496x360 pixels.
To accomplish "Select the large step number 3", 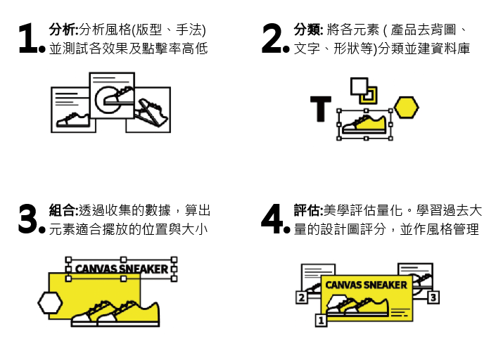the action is pyautogui.click(x=28, y=219).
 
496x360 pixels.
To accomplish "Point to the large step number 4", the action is pyautogui.click(x=272, y=219).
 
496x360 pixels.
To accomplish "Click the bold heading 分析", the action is pyautogui.click(x=63, y=30).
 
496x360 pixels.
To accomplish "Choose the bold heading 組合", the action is pyautogui.click(x=63, y=210).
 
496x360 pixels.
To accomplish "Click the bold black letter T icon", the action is pyautogui.click(x=320, y=109).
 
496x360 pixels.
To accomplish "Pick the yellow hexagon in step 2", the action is pyautogui.click(x=406, y=108).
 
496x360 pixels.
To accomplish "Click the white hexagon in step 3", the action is pyautogui.click(x=50, y=303).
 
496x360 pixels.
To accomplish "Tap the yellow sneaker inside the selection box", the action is pyautogui.click(x=364, y=124).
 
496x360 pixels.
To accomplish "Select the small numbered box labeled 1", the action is pyautogui.click(x=321, y=321).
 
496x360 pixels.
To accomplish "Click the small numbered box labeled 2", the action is pyautogui.click(x=302, y=297).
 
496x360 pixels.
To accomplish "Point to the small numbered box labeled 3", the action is pyautogui.click(x=433, y=297).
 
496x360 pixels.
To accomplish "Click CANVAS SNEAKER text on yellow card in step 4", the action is pyautogui.click(x=366, y=285).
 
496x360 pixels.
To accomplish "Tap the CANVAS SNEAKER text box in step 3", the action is pyautogui.click(x=122, y=269).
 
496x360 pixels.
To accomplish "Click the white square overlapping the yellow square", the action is pyautogui.click(x=360, y=86).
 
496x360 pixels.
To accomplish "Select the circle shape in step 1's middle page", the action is pyautogui.click(x=108, y=100).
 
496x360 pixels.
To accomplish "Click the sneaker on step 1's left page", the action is pyautogui.click(x=72, y=120).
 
